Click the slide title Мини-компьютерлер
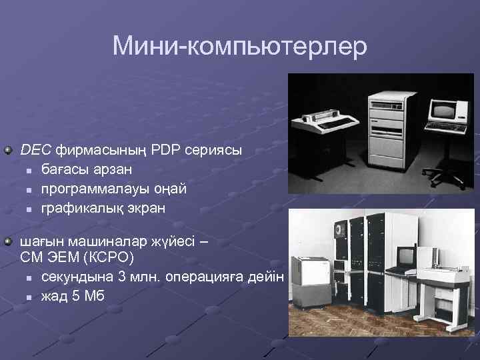pos(240,47)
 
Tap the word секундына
pos(74,277)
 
